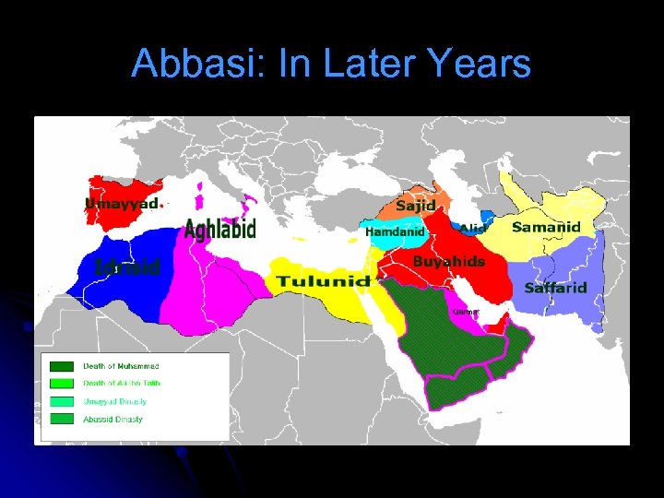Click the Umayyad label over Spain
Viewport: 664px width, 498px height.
click(x=123, y=203)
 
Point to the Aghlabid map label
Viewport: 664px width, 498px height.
click(x=220, y=229)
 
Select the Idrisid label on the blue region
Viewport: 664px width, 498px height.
click(x=127, y=267)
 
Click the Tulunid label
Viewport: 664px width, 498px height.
click(x=323, y=280)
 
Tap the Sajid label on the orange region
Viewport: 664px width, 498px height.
click(x=417, y=205)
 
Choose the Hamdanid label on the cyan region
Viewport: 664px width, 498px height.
click(x=395, y=232)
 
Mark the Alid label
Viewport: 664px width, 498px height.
click(x=472, y=229)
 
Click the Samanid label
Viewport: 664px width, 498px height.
click(x=546, y=227)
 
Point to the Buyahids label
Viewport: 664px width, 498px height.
click(x=448, y=262)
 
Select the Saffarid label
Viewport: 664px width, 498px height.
click(x=555, y=288)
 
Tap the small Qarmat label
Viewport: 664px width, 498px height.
click(x=466, y=312)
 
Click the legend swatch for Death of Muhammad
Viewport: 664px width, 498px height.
click(x=62, y=366)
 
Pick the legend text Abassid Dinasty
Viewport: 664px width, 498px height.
click(x=113, y=420)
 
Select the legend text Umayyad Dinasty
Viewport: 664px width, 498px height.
click(x=114, y=401)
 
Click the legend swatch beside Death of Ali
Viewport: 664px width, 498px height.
click(x=62, y=384)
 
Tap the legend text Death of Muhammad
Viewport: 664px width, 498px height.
click(x=121, y=366)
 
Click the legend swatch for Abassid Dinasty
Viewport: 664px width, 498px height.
click(x=62, y=419)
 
